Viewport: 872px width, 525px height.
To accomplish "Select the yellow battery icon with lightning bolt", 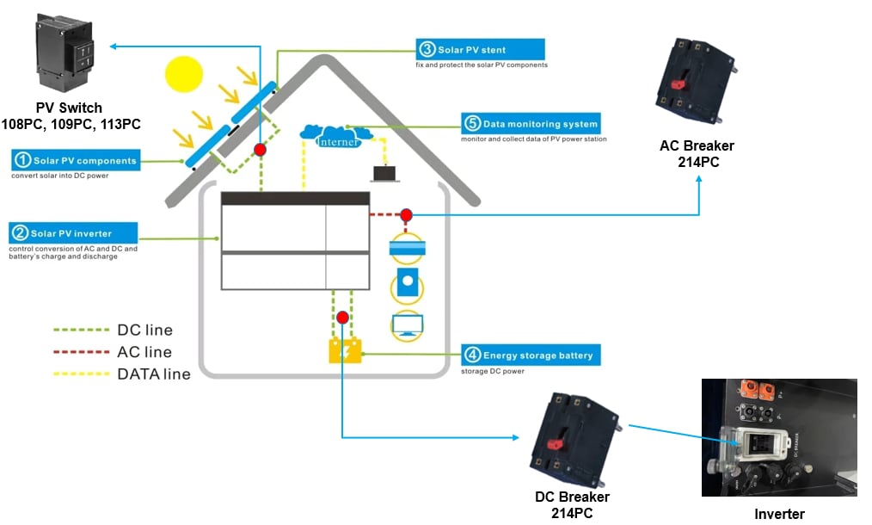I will coord(346,351).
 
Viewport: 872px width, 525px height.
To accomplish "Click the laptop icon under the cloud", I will coord(384,174).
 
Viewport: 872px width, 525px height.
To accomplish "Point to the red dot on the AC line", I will coord(406,214).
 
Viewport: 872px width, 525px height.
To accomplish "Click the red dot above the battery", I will coord(342,318).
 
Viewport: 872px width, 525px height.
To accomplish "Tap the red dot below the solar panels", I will coord(259,150).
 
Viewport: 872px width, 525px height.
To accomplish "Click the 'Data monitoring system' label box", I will coord(530,123).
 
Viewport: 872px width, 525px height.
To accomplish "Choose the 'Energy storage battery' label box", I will coord(527,355).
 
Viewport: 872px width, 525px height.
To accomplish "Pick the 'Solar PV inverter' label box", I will coord(73,233).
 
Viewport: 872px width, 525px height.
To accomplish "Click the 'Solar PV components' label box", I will coord(74,160).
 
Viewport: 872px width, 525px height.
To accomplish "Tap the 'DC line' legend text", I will coord(144,330).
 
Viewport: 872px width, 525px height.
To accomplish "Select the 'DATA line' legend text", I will coord(154,374).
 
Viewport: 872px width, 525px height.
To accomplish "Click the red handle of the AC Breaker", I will coord(678,84).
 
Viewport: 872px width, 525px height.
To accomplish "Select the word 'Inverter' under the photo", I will coord(779,514).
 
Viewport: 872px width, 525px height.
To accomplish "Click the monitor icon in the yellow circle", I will coord(407,325).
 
